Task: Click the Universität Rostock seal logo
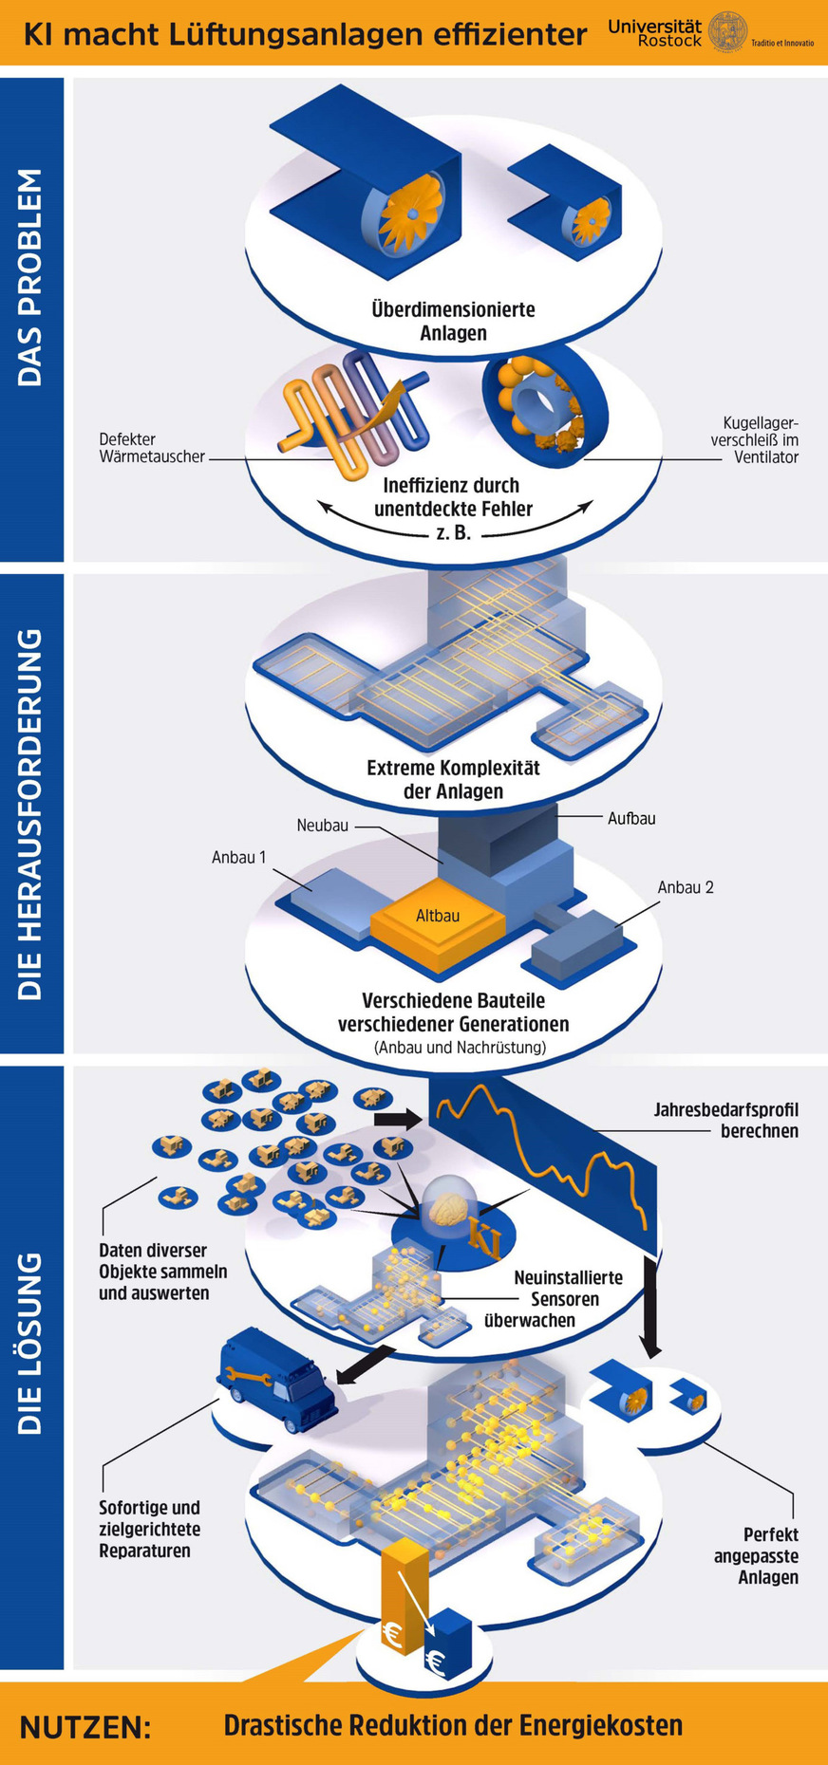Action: click(727, 31)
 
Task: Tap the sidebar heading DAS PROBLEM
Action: click(30, 277)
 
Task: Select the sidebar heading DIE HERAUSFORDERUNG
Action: click(30, 813)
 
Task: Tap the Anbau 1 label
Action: click(238, 858)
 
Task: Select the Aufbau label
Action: click(631, 818)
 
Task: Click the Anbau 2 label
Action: click(685, 887)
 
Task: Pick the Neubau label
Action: click(323, 826)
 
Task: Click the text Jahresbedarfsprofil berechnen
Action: click(725, 1120)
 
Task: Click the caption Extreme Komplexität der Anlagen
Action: click(453, 779)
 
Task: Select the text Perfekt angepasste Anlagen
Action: click(757, 1556)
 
